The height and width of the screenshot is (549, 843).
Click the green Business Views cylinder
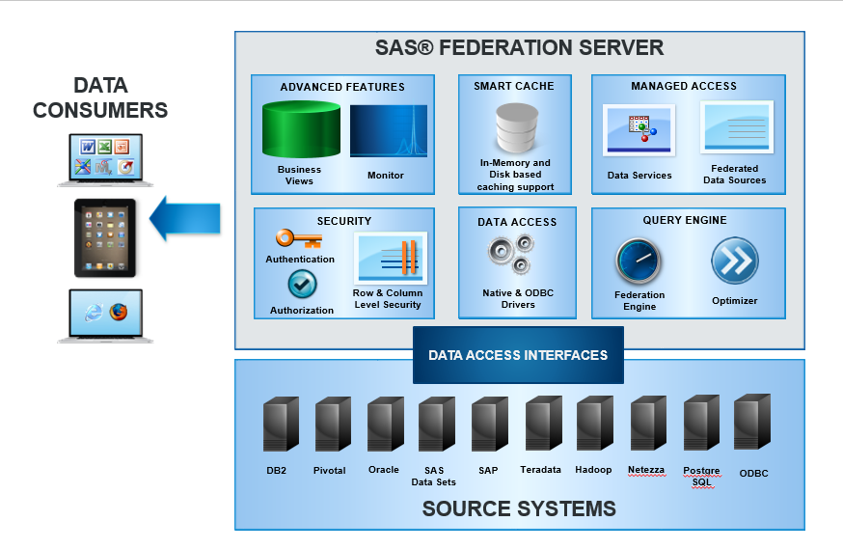pos(301,130)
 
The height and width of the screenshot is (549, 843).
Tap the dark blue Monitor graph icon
pos(388,131)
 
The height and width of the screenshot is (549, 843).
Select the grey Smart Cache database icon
pos(517,128)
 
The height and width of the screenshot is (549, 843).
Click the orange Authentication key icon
pos(299,238)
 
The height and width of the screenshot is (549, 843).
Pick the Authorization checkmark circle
pos(302,284)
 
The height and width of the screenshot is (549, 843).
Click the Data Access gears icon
pos(511,255)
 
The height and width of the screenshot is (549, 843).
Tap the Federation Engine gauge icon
pos(639,261)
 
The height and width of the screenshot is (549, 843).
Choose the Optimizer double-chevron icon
pos(735,261)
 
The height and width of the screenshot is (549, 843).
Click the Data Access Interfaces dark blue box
pos(518,355)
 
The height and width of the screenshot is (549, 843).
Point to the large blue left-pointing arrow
pos(185,218)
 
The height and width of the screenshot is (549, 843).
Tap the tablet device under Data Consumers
pos(105,238)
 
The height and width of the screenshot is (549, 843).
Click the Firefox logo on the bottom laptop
pos(119,312)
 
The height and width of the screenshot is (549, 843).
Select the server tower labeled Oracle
pos(386,424)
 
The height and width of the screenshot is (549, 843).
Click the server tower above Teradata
pos(544,424)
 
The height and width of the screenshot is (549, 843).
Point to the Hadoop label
pos(593,470)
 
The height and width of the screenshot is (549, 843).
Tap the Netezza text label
pos(646,470)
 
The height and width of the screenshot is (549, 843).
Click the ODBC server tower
pos(752,422)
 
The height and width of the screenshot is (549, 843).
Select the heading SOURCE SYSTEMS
pos(519,508)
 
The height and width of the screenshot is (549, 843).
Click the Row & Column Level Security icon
pos(391,258)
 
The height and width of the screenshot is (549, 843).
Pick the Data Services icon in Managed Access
pos(639,130)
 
